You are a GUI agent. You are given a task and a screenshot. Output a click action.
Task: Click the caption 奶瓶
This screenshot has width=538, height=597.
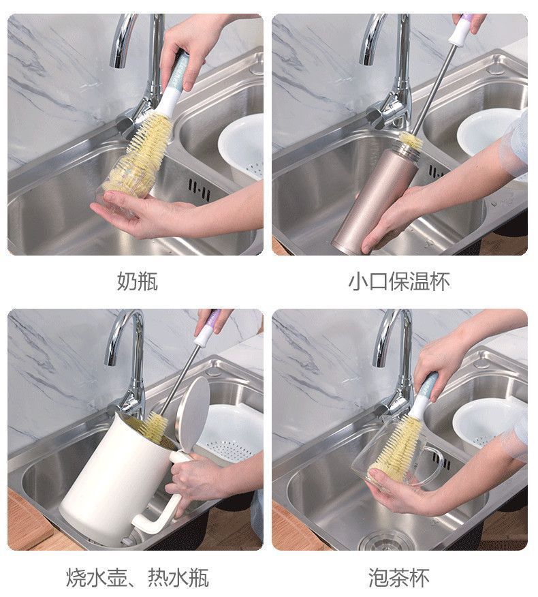point(138,281)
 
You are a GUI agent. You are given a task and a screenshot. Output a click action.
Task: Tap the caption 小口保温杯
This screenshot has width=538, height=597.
point(399,281)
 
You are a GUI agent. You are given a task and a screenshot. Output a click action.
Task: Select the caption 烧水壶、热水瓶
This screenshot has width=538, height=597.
point(138,577)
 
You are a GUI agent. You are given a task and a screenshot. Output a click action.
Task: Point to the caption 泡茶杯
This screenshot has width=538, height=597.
point(399,577)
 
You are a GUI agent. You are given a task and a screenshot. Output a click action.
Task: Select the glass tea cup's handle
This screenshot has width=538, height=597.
point(433,465)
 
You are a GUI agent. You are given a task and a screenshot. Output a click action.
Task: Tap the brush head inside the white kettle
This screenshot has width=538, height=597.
point(153,426)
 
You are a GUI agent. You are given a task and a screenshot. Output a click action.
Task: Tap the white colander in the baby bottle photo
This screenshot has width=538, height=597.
point(241,147)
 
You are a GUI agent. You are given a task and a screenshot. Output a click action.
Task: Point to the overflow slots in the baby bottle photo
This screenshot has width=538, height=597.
point(199,189)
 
